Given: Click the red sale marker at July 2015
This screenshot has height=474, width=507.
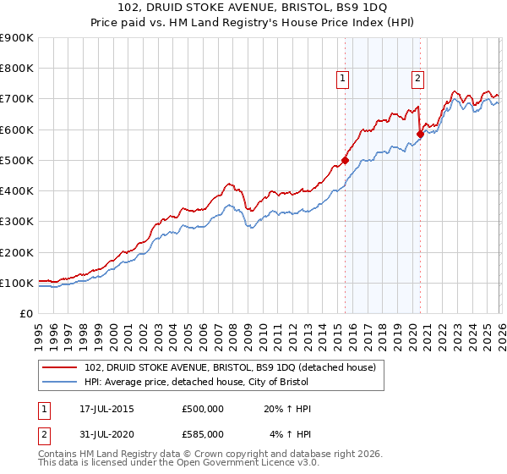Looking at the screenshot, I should tap(345, 160).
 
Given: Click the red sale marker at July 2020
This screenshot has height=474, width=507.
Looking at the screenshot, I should tap(420, 134).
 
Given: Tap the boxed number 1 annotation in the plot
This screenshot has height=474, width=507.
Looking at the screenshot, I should tap(343, 79).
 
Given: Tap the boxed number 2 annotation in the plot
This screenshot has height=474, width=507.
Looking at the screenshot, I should tap(417, 79).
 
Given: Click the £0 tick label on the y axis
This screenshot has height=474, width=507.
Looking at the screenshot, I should tap(26, 314).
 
